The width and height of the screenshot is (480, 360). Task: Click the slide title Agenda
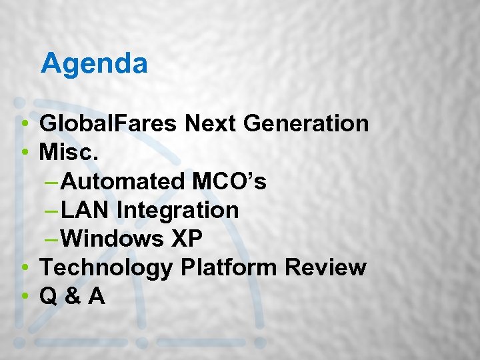point(94,64)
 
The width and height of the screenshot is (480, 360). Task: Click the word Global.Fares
point(109,123)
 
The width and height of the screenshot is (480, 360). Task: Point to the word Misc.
point(69,152)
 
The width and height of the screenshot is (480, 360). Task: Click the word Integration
point(177,210)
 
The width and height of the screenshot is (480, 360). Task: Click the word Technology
point(107,267)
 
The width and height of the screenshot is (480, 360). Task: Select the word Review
point(326,267)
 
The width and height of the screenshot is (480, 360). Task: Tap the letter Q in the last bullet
point(48,296)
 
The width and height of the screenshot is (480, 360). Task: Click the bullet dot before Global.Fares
point(24,124)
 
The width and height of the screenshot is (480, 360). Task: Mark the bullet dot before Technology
point(24,268)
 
